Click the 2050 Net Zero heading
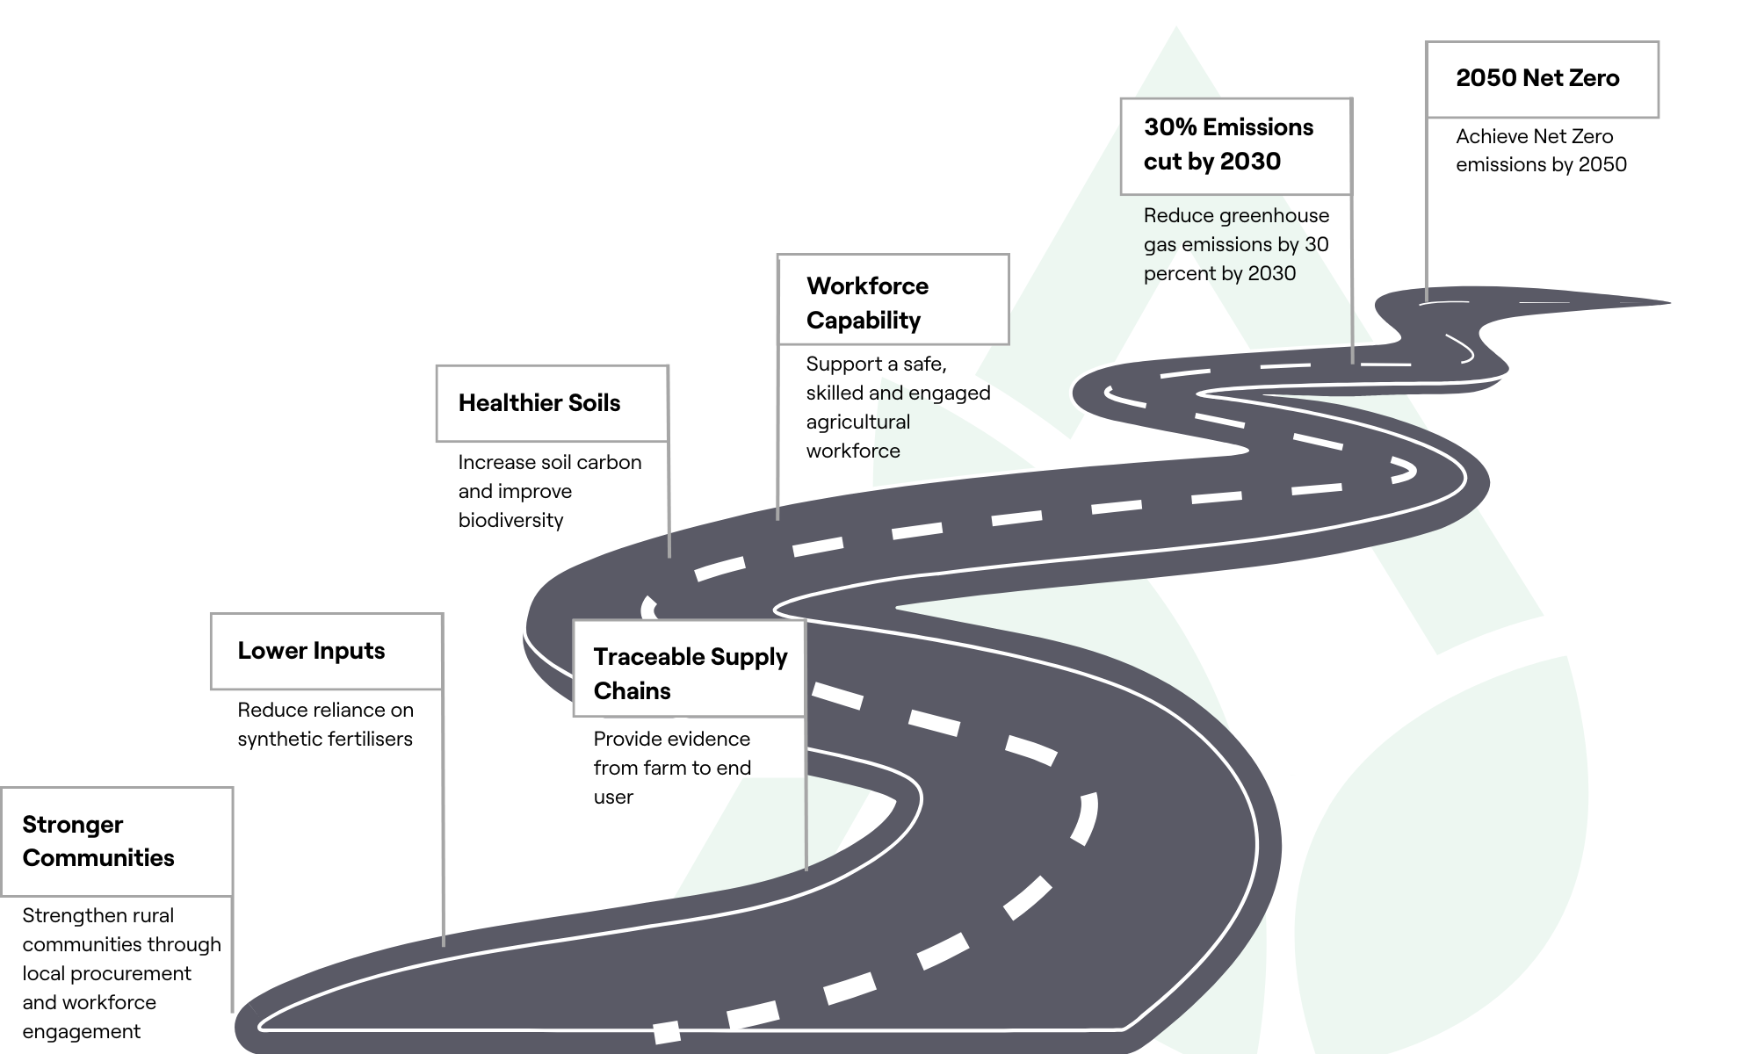[x=1537, y=78]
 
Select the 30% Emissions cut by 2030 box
[x=1235, y=146]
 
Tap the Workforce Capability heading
[x=867, y=302]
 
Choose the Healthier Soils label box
[x=552, y=403]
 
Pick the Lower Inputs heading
[x=311, y=651]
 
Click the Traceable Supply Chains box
[x=689, y=669]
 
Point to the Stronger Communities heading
[x=98, y=841]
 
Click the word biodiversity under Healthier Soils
[x=510, y=520]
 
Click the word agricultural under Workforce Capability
[x=857, y=422]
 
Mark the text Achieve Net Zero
[x=1534, y=137]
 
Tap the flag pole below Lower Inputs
[x=443, y=817]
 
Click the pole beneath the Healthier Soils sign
[x=669, y=501]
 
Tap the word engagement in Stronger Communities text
[x=81, y=1031]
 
